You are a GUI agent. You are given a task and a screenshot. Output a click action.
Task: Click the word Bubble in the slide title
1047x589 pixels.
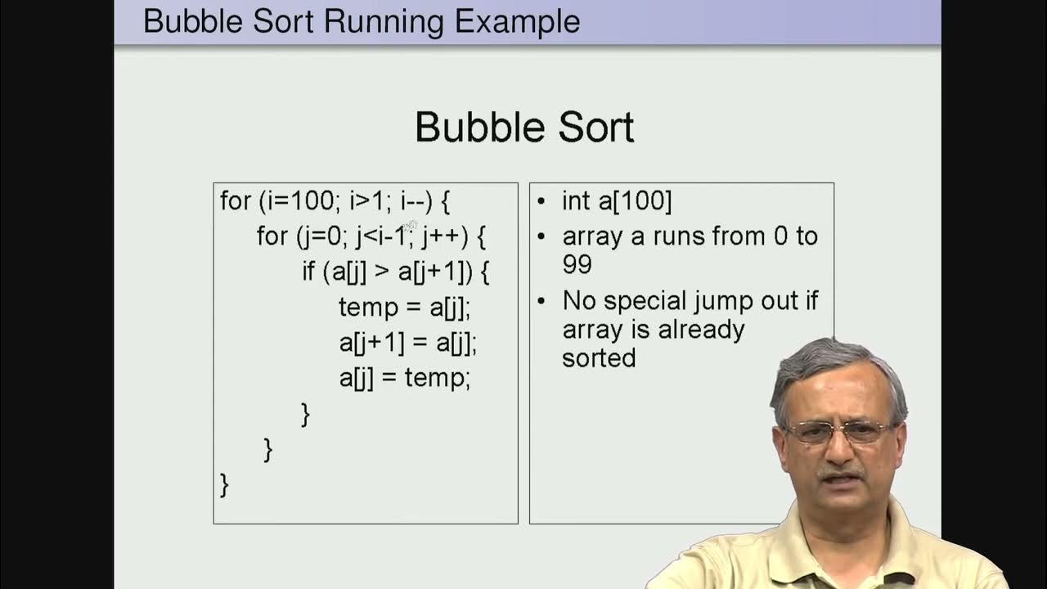click(x=193, y=20)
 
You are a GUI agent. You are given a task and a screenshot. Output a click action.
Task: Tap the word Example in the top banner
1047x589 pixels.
click(x=517, y=20)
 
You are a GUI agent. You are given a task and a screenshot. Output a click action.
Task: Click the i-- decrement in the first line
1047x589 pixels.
click(x=416, y=201)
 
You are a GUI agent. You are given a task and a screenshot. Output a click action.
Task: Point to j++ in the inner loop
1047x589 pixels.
click(x=444, y=236)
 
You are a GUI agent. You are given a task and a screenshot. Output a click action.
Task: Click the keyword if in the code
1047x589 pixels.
click(x=309, y=272)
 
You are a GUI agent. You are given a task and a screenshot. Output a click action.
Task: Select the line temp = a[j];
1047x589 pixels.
click(x=404, y=308)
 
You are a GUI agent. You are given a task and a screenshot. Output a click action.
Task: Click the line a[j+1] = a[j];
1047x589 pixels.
click(x=407, y=343)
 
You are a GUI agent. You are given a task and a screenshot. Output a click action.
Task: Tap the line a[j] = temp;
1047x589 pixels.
click(x=404, y=378)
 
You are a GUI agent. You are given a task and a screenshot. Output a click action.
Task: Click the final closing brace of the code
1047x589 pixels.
click(x=225, y=484)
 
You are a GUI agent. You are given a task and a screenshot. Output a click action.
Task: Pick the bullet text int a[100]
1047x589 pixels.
click(x=616, y=201)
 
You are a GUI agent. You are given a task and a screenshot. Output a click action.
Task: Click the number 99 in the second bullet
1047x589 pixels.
click(x=577, y=265)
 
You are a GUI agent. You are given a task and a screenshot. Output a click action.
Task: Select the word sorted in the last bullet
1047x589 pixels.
click(x=598, y=358)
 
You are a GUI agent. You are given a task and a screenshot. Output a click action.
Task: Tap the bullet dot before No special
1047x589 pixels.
click(x=541, y=302)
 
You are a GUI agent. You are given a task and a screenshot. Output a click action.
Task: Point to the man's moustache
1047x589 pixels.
click(x=842, y=472)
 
